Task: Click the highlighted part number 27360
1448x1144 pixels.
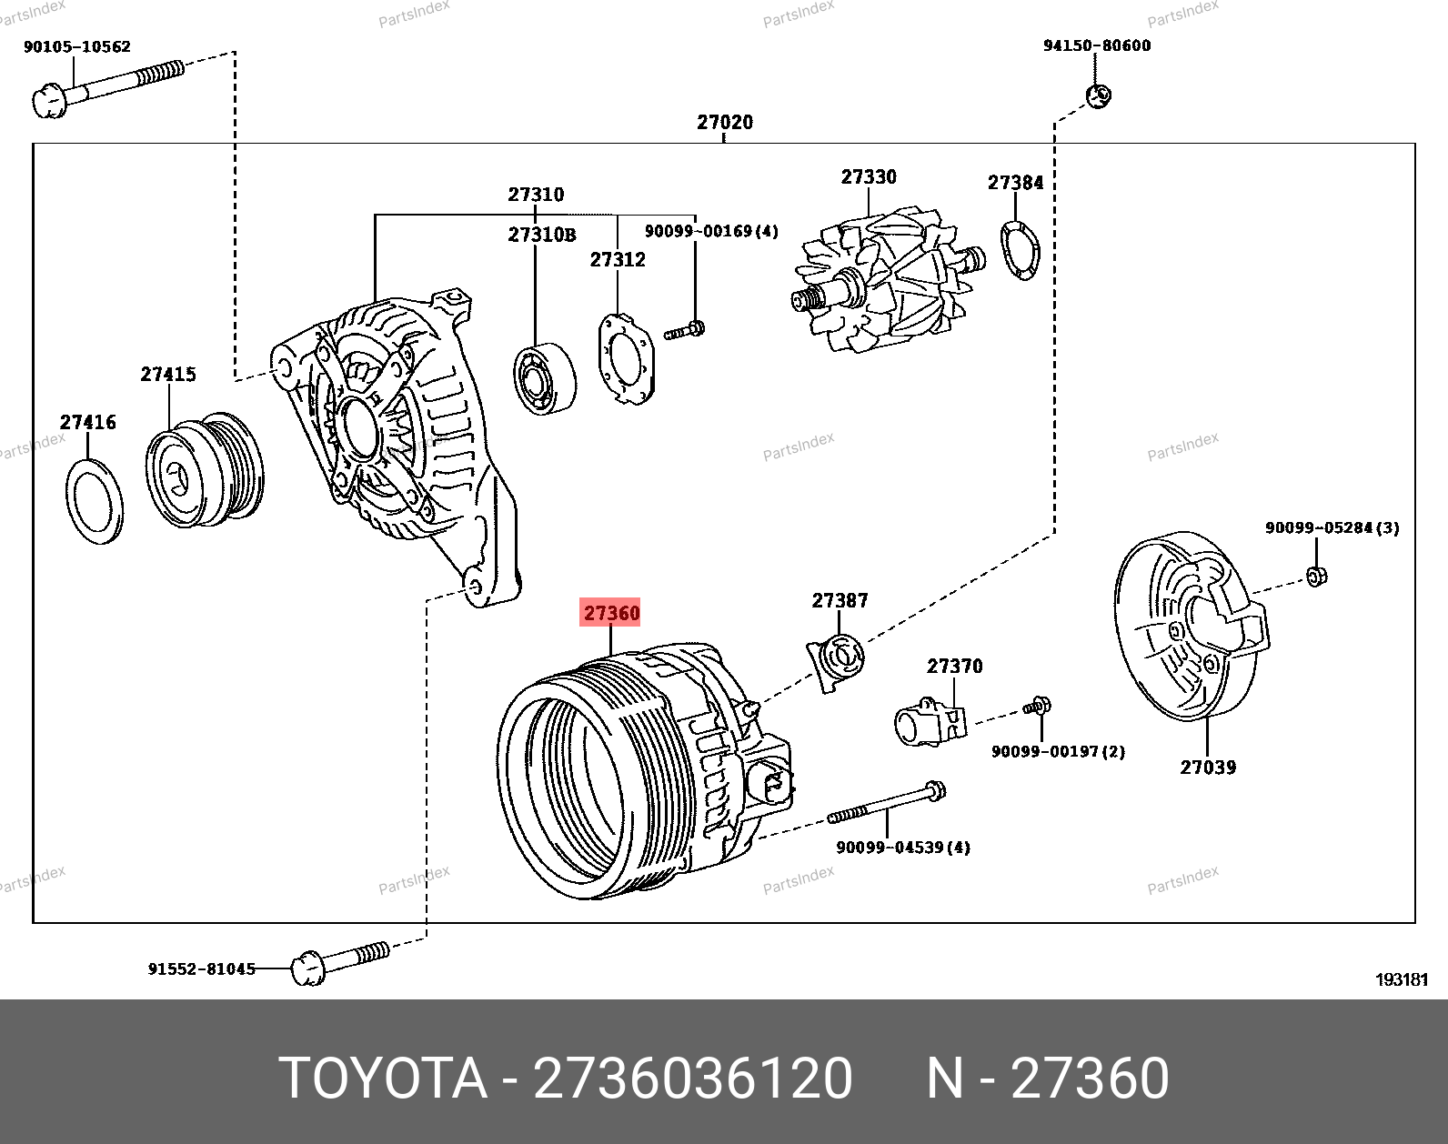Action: (611, 613)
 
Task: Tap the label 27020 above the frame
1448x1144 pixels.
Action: (725, 122)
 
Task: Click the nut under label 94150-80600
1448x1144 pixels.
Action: (1099, 95)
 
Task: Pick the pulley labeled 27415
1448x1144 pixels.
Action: (204, 471)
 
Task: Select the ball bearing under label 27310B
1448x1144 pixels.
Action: (544, 378)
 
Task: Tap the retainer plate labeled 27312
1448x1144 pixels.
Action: (626, 358)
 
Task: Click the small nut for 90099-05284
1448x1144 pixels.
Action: (1316, 576)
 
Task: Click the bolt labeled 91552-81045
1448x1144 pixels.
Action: (341, 962)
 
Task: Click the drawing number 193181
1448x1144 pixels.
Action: (1402, 979)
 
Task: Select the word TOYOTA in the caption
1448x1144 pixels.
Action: (383, 1079)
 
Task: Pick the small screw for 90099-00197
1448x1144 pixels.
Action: (1037, 706)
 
